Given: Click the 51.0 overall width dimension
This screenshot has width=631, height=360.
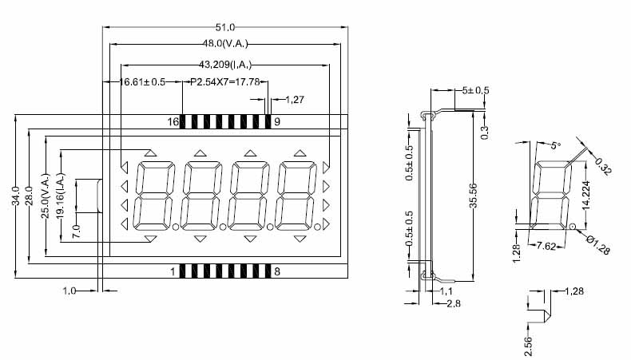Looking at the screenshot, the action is point(225,27).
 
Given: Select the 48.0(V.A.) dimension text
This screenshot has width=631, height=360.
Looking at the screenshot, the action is point(225,43).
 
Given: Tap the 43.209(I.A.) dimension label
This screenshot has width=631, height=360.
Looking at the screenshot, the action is point(225,65).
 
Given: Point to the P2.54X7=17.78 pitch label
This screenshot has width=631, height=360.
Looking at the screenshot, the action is point(225,82).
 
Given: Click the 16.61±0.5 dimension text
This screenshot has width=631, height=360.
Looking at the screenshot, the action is point(142,82).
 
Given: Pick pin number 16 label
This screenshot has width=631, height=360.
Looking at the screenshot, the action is point(173,122).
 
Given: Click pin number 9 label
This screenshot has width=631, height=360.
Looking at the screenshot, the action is point(277,122).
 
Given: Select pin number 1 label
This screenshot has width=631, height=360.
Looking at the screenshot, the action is point(173,272).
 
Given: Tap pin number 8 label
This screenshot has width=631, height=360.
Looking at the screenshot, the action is point(277,272).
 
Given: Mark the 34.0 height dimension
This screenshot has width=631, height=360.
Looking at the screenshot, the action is point(16,196).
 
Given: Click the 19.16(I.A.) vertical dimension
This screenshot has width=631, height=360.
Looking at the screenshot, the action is point(61,196).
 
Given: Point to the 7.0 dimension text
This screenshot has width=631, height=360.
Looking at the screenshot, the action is point(76,231).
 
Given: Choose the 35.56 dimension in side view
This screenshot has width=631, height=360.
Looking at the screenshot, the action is point(473,196).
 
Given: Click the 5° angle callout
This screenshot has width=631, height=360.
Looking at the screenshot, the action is point(556,145).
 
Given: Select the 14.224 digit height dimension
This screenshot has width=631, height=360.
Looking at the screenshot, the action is point(586,196).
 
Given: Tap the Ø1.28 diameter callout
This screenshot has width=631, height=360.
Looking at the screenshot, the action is point(598,245).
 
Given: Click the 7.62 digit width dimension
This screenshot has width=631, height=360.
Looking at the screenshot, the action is point(546,246).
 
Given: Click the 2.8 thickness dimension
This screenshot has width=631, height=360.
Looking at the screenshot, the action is point(454,303).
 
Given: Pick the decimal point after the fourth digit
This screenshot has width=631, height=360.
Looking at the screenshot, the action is point(318,227).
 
